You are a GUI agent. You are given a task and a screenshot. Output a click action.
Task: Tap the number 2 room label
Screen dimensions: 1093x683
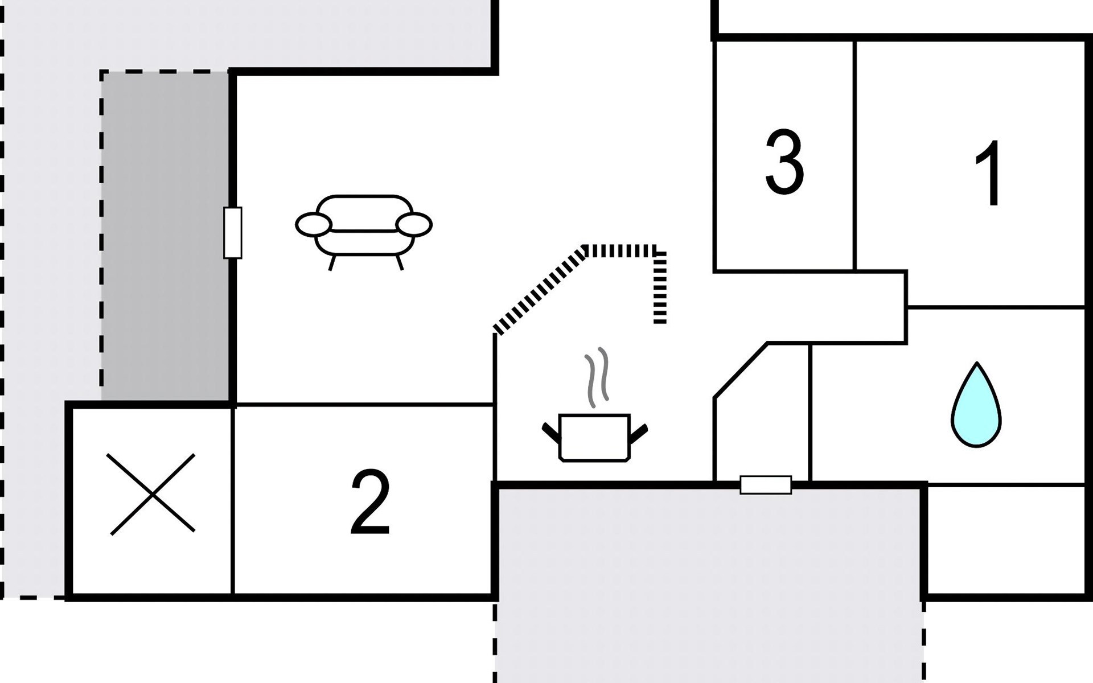click(370, 502)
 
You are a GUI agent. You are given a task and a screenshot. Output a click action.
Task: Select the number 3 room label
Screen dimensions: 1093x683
click(784, 162)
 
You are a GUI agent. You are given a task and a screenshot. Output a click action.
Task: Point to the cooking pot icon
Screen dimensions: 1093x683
click(594, 437)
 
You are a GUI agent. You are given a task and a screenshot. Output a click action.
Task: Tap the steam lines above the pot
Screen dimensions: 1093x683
click(597, 377)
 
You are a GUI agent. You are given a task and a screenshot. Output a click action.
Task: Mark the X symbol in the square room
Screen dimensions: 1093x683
click(153, 494)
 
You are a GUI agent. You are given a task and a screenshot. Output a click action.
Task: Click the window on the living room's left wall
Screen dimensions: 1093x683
click(232, 233)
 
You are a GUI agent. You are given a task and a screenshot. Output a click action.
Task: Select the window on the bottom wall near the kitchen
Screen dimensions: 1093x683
click(766, 485)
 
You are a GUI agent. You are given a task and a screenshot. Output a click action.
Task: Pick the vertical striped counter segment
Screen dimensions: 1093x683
click(660, 287)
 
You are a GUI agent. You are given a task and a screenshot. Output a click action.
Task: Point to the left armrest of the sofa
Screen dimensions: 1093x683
click(313, 225)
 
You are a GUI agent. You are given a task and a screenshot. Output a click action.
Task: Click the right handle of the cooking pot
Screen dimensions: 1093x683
click(638, 433)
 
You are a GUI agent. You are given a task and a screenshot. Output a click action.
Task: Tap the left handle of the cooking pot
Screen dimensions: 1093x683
click(551, 433)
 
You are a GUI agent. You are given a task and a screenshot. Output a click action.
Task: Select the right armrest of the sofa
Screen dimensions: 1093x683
click(414, 224)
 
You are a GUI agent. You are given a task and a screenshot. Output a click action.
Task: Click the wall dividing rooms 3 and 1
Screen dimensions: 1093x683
click(854, 155)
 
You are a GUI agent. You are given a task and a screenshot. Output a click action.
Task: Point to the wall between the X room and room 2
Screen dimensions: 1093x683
click(233, 500)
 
